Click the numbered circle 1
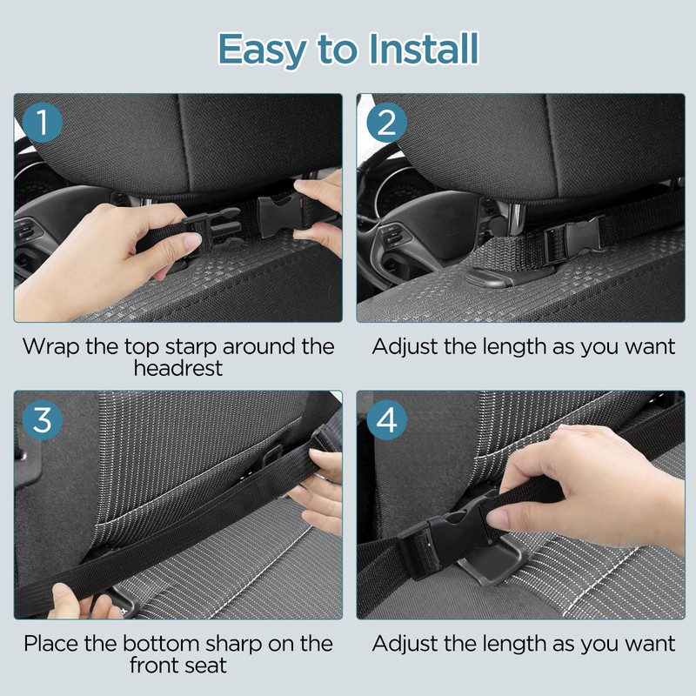coord(42,122)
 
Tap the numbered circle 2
coord(386,122)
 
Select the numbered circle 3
coord(42,420)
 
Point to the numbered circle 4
coord(386,420)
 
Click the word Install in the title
coord(424,49)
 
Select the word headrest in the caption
coord(178,368)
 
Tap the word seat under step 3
coord(206,666)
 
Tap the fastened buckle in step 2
coord(573,240)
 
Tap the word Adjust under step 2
coord(405,347)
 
